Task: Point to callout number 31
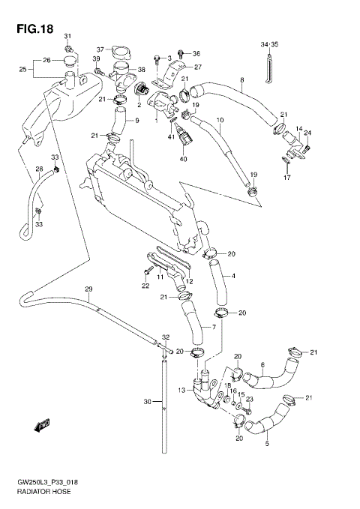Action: click(67, 37)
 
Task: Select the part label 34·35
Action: click(268, 44)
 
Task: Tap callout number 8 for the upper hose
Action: click(241, 79)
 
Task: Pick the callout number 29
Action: click(88, 289)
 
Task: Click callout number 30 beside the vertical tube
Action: click(148, 403)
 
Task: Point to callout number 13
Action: click(182, 389)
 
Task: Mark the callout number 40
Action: click(182, 159)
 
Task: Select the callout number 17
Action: click(286, 178)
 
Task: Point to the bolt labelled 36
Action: click(177, 55)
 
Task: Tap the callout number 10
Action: click(220, 119)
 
